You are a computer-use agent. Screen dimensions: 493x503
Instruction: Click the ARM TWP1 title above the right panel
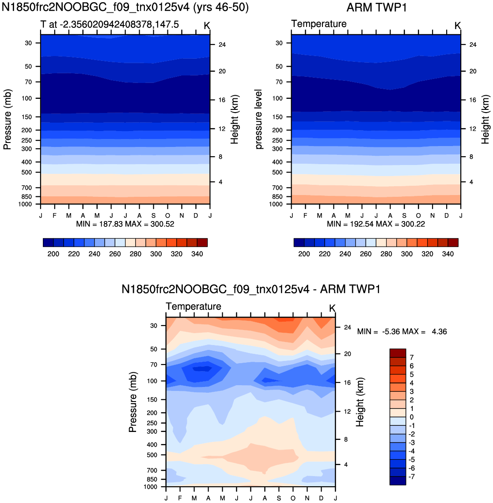[376, 8]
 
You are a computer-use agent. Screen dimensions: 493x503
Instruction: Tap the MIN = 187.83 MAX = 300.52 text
[125, 224]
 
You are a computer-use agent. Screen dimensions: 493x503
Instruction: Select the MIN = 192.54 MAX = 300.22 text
[376, 224]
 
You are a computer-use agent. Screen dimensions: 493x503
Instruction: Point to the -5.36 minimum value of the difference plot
[390, 331]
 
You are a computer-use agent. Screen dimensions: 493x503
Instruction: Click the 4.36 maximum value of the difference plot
[440, 331]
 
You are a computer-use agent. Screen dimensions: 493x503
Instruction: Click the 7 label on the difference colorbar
[412, 357]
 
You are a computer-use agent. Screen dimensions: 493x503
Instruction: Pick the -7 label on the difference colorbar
[411, 477]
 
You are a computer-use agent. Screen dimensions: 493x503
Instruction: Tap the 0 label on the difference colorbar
[412, 417]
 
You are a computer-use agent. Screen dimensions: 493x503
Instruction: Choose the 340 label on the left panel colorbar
[197, 254]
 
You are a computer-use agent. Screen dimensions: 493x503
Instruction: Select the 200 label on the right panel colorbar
[304, 254]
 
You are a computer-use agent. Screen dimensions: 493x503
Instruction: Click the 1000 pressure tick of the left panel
[25, 204]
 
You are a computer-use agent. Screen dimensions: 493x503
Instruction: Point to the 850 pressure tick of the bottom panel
[152, 479]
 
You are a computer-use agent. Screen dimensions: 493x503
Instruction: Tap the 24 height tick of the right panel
[473, 45]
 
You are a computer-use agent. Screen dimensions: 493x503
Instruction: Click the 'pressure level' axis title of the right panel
[259, 119]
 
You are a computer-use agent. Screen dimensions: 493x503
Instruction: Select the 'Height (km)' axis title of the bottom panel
[360, 402]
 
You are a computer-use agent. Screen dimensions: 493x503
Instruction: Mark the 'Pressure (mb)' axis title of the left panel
[7, 119]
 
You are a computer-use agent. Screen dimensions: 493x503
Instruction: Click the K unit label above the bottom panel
[332, 308]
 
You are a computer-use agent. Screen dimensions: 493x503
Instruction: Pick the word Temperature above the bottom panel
[193, 306]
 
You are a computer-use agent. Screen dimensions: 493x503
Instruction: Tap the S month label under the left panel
[154, 216]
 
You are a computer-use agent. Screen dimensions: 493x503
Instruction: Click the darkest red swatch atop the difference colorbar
[398, 353]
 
